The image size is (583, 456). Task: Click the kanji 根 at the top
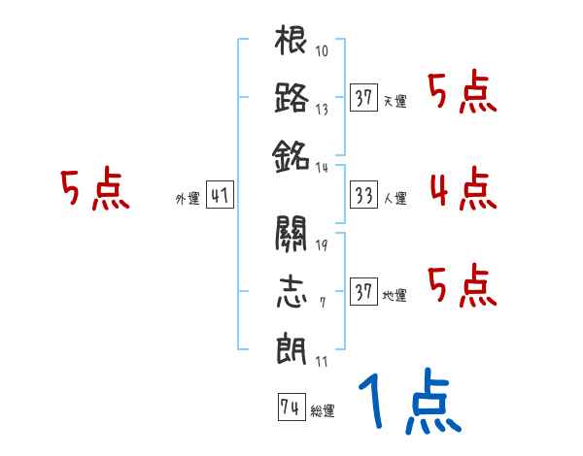coord(291,44)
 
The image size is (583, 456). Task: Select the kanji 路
coord(291,99)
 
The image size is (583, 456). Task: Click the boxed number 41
coord(219,197)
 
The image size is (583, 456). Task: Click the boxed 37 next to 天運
coord(363,99)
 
